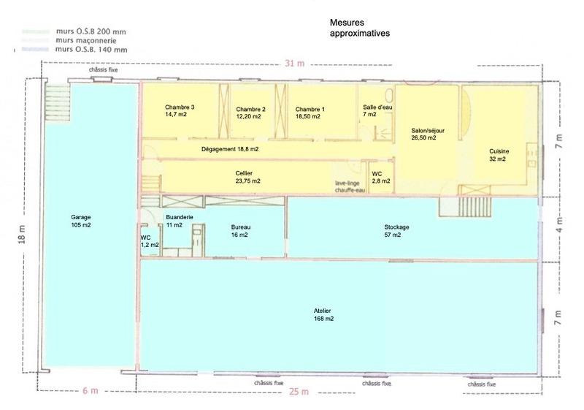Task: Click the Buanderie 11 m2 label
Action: point(179,221)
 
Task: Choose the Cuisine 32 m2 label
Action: point(499,155)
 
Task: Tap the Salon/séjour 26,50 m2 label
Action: point(423,134)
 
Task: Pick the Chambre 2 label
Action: point(250,111)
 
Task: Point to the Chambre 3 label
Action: point(179,110)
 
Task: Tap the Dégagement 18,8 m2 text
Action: point(229,149)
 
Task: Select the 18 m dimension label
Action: point(23,238)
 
